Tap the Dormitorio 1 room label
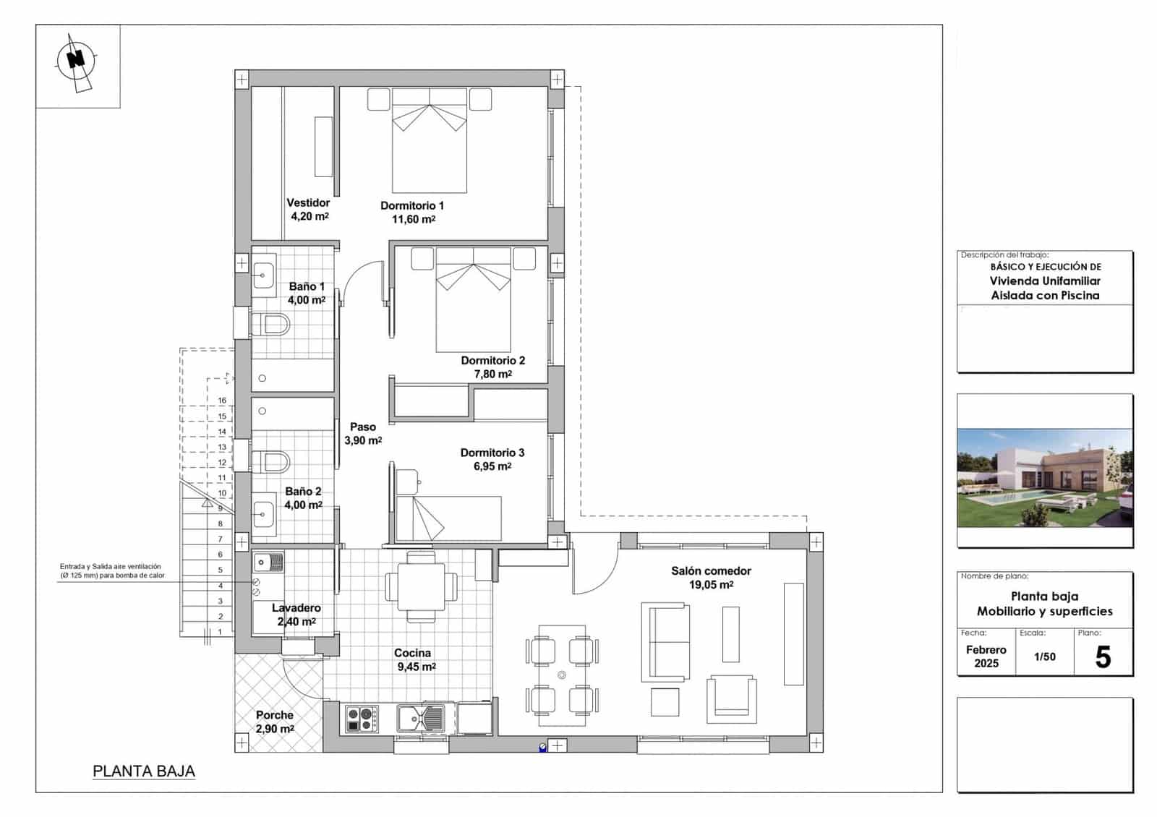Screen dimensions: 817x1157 coord(412,205)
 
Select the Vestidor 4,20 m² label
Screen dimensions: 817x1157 coord(309,209)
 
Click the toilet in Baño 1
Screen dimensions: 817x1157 coord(270,325)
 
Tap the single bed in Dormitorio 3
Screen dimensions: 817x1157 coord(449,518)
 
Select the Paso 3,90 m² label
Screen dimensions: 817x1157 coord(363,433)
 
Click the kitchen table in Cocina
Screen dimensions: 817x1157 coord(421,586)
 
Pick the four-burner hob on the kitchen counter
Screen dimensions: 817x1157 coord(360,719)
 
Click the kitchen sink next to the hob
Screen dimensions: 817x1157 coord(422,719)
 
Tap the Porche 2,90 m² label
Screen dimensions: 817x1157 coord(275,722)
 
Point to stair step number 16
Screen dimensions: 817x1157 coord(222,401)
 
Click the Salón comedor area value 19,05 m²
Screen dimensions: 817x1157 coord(711,585)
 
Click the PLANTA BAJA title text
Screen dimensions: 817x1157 coord(144,771)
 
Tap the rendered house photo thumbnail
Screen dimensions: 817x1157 coord(1044,478)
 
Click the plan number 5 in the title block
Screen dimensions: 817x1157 coord(1103,657)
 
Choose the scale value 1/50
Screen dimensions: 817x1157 coord(1044,656)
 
